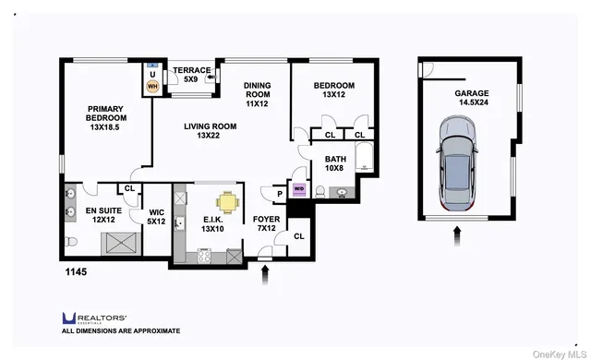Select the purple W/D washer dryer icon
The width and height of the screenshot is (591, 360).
298,189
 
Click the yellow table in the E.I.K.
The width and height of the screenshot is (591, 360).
227,201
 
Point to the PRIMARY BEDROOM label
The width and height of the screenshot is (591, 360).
105,116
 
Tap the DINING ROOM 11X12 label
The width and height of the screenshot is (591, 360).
257,95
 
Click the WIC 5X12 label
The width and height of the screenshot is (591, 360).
156,216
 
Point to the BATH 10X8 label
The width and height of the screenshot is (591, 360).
334,163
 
